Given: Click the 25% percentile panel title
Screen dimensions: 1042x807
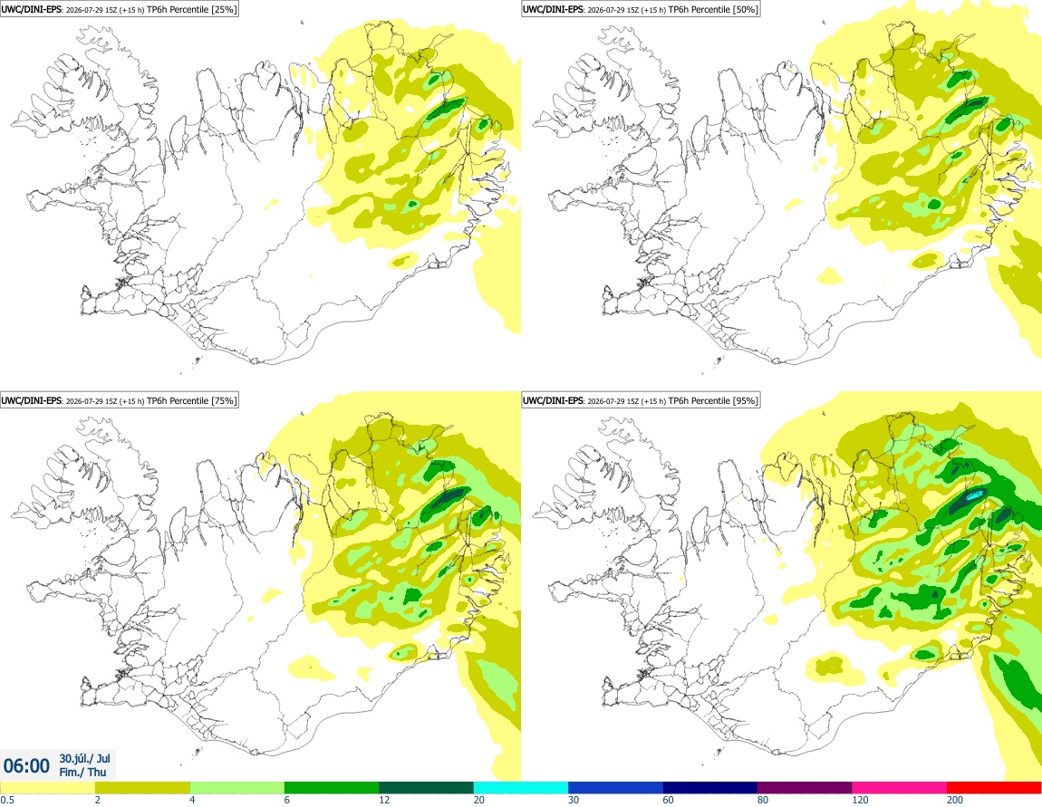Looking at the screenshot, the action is [119, 9].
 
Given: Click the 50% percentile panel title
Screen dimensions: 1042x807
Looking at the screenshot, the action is [641, 9].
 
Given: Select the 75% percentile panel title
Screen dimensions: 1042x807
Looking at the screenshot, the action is [119, 400].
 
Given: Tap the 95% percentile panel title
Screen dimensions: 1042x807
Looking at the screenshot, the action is [641, 400].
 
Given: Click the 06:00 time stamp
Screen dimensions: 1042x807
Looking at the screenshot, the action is [26, 766].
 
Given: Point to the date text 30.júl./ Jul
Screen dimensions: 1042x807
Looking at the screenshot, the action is [84, 758].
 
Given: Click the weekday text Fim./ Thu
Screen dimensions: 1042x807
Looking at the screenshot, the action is [82, 772].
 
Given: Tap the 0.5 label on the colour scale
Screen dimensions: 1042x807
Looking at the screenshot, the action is [7, 800].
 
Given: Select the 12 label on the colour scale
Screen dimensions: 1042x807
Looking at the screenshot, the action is [384, 800].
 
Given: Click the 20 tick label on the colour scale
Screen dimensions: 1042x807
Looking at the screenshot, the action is [478, 800].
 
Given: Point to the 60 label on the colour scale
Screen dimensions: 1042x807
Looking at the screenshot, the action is [668, 800].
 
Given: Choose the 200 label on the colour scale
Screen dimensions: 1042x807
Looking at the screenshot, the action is [954, 800].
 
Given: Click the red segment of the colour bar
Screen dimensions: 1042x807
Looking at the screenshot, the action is [994, 788].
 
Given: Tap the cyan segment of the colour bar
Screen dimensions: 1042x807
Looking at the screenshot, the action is [521, 788].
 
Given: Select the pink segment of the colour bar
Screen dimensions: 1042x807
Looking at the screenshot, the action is [899, 788].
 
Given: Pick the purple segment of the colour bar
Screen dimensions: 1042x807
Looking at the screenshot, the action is [805, 788].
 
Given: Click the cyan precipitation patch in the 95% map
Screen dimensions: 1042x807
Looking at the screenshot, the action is [975, 495].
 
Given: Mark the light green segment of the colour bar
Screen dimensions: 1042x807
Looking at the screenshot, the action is [237, 788].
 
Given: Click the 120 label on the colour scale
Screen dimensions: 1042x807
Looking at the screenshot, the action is [860, 800].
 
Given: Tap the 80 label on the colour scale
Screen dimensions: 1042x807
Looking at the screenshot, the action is [763, 800].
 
